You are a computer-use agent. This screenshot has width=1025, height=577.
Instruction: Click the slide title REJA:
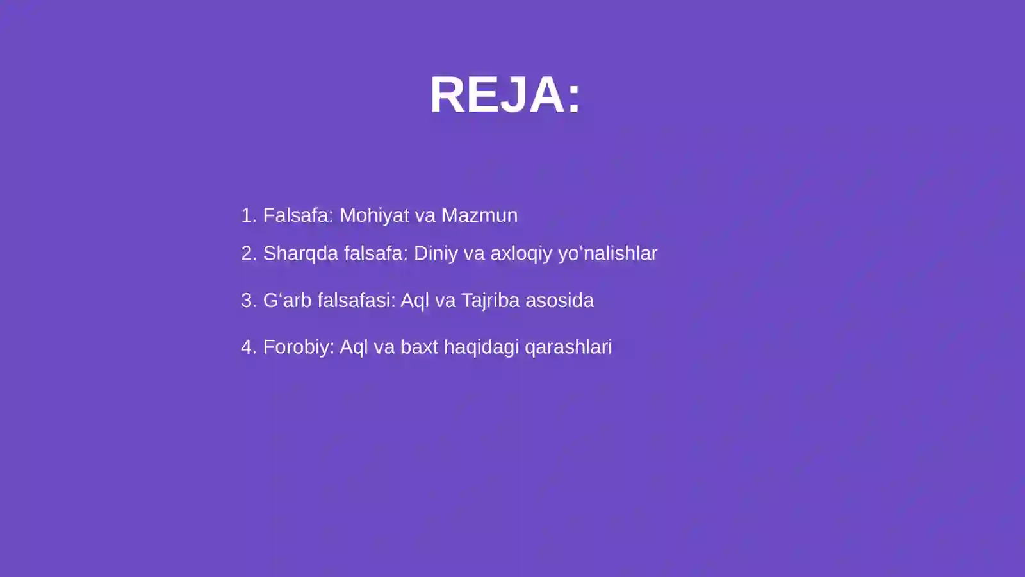tap(505, 95)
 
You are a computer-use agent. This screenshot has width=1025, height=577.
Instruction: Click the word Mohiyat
tap(374, 215)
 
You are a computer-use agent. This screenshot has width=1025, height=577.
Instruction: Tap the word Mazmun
tap(479, 215)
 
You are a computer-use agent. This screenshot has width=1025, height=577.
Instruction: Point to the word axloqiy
tap(521, 254)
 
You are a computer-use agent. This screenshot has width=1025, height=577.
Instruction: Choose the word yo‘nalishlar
tap(607, 253)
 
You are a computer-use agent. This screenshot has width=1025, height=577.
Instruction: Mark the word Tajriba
tap(490, 300)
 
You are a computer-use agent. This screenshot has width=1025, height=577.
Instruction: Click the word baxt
tap(419, 347)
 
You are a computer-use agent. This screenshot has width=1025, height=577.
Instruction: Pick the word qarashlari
tap(568, 347)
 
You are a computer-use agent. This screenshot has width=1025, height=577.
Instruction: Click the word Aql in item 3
tap(414, 300)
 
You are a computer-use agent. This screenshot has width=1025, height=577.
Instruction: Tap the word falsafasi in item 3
tap(356, 300)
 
